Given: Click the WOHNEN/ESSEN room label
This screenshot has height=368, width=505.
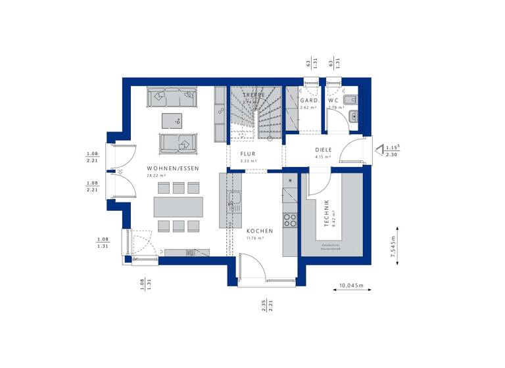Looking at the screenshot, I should pos(174,168).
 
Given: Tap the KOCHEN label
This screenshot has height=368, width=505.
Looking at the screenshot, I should pos(260,231).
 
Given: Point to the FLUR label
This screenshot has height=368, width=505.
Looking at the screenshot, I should pos(248,153).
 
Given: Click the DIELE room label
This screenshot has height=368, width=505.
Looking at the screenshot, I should pos(324,150).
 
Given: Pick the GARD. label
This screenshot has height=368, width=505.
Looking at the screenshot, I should pos(309,101).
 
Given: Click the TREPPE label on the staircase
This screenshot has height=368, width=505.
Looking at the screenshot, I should pos(252,95).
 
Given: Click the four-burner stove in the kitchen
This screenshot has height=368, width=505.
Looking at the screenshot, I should pos(290,220).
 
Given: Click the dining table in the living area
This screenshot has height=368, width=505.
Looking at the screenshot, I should pos(178,207).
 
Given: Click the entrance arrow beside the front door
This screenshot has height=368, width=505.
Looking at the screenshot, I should pos(379,149).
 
